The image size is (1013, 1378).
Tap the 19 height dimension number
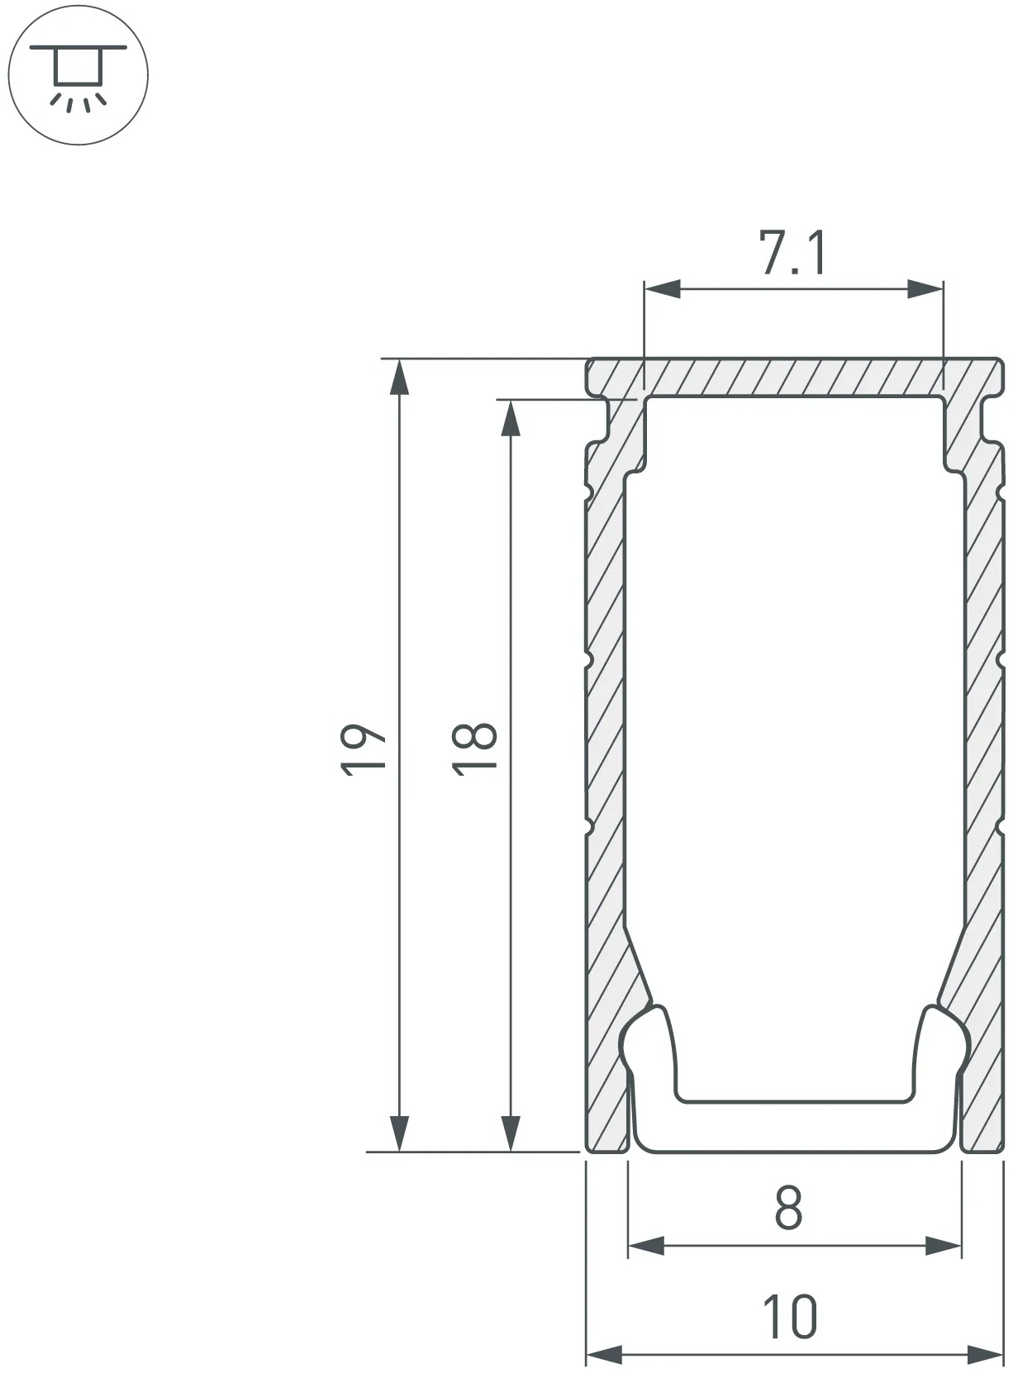pyautogui.click(x=363, y=749)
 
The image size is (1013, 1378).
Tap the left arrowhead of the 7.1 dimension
pyautogui.click(x=662, y=288)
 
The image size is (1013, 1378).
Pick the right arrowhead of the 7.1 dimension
pyautogui.click(x=925, y=288)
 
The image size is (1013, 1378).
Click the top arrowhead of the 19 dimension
pyautogui.click(x=399, y=377)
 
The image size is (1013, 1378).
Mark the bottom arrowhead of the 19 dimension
pyautogui.click(x=399, y=1133)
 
